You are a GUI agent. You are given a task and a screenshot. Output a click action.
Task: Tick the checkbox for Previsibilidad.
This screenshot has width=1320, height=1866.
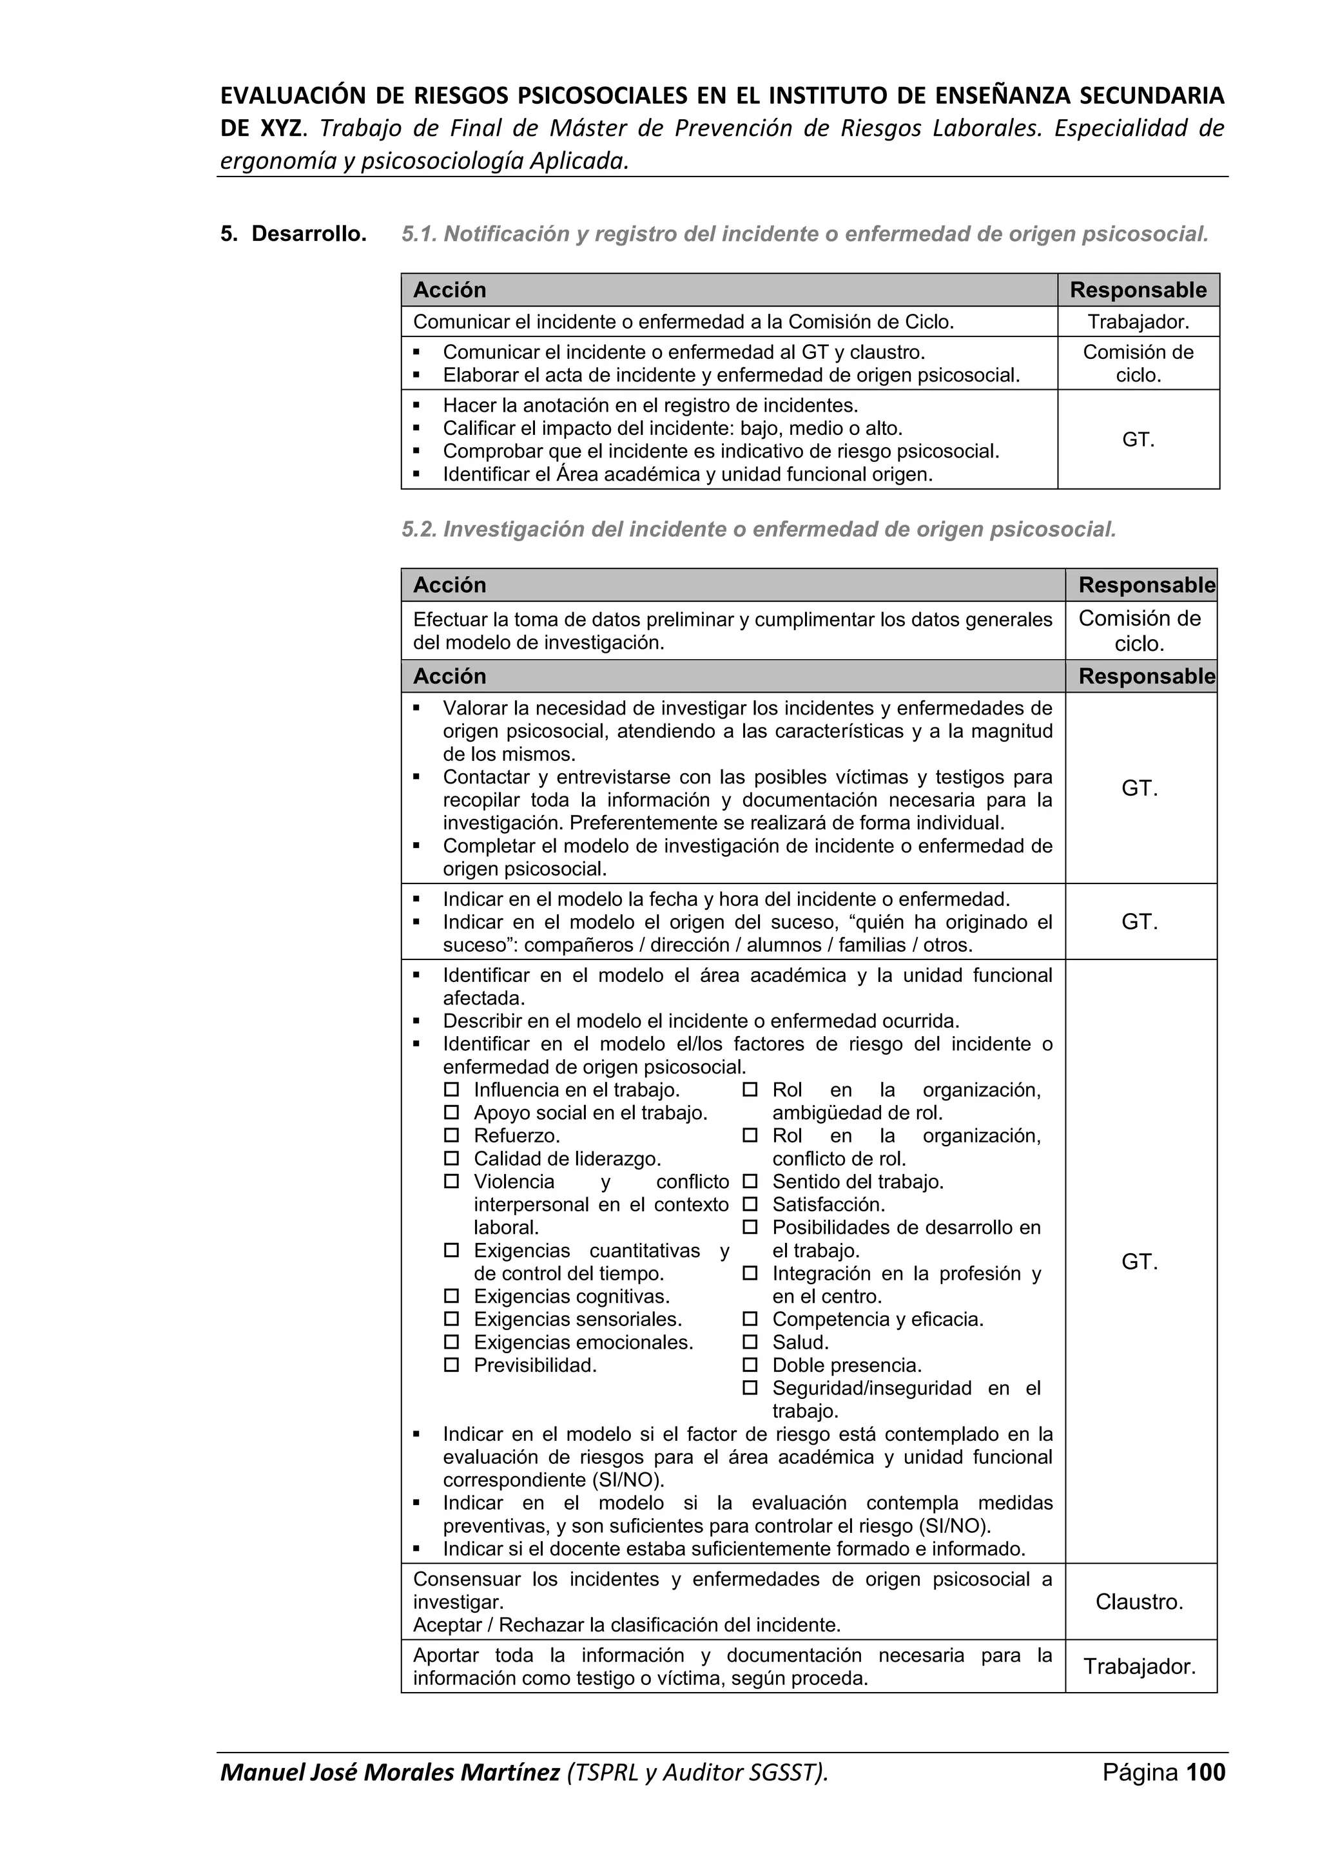[452, 1365]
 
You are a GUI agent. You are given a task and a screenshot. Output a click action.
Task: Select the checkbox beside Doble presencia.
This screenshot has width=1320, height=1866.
[750, 1365]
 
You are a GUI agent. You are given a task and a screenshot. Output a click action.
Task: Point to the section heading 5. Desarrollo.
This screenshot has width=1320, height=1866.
[293, 234]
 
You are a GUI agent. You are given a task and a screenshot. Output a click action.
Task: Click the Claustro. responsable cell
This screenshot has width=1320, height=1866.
[1139, 1601]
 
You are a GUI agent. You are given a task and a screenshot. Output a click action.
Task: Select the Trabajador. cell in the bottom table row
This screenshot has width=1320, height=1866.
[1139, 1666]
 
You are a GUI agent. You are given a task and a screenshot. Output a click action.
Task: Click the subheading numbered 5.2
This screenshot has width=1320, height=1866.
[759, 529]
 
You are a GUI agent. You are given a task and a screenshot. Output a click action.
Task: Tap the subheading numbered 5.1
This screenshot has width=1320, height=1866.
[804, 234]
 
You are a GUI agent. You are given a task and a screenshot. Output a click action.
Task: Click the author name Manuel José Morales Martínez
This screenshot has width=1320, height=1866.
[390, 1794]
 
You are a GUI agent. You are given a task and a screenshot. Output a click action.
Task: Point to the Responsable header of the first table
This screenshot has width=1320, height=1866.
[1138, 290]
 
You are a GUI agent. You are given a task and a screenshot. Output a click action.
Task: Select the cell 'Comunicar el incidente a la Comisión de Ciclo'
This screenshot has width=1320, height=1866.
[683, 322]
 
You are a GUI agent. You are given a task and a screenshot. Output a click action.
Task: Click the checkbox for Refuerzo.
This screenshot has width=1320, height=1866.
[452, 1135]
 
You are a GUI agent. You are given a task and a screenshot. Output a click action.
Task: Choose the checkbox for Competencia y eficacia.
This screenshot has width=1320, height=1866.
[750, 1319]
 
